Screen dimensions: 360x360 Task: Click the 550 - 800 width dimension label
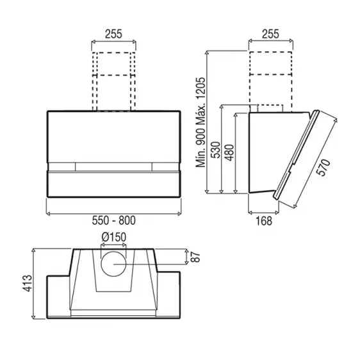pyautogui.click(x=113, y=220)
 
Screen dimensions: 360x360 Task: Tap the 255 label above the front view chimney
pyautogui.click(x=113, y=34)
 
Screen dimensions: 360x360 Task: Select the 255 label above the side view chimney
pyautogui.click(x=270, y=34)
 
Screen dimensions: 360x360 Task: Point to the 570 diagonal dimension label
pyautogui.click(x=324, y=168)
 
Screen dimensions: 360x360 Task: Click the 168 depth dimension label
pyautogui.click(x=263, y=221)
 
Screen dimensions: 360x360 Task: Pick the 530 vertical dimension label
pyautogui.click(x=216, y=150)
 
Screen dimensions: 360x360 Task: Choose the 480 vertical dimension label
pyautogui.click(x=229, y=152)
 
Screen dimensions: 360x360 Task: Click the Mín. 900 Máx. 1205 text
pyautogui.click(x=200, y=122)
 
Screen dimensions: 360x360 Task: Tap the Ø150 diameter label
pyautogui.click(x=113, y=237)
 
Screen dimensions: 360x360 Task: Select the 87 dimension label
pyautogui.click(x=195, y=257)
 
